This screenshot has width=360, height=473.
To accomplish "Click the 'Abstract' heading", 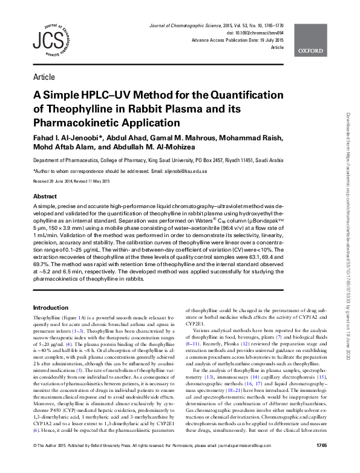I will point(45,197).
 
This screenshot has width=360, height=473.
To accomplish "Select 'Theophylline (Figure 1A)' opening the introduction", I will point(61,318).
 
